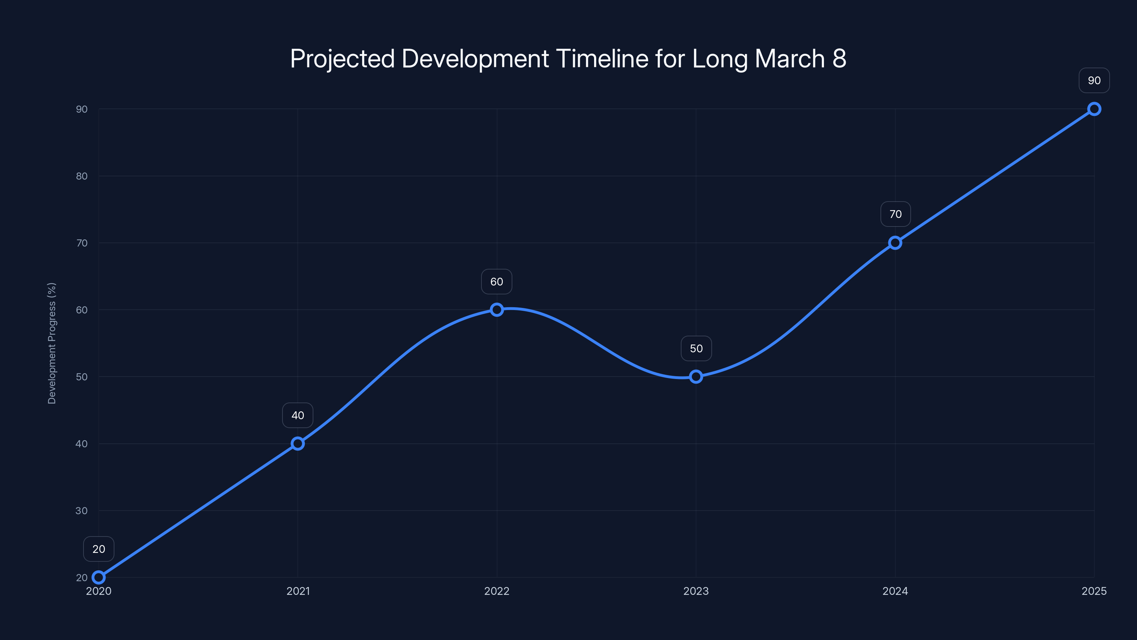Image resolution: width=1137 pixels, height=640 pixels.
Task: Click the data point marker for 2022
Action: pyautogui.click(x=497, y=310)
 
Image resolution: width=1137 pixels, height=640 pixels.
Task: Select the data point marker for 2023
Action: pyautogui.click(x=696, y=377)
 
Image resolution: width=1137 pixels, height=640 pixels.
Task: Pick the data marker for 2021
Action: pyautogui.click(x=297, y=443)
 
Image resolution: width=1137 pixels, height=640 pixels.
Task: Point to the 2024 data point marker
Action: pyautogui.click(x=895, y=243)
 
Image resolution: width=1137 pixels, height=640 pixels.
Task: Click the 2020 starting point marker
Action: pyautogui.click(x=98, y=577)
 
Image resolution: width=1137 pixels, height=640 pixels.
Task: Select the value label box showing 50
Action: pyautogui.click(x=696, y=348)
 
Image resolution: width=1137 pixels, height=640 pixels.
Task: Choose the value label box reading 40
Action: pyautogui.click(x=297, y=415)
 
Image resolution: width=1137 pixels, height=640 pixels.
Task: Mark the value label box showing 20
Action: pyautogui.click(x=98, y=549)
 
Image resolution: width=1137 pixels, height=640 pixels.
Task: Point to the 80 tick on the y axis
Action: pyautogui.click(x=82, y=176)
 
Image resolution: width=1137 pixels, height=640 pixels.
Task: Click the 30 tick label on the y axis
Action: pyautogui.click(x=82, y=511)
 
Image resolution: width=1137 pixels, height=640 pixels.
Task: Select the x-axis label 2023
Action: pyautogui.click(x=696, y=591)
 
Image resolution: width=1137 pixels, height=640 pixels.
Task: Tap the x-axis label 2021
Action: pyautogui.click(x=298, y=591)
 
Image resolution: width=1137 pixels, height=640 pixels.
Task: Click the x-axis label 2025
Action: pyautogui.click(x=1094, y=591)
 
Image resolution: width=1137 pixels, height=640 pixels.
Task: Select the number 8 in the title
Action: pyautogui.click(x=839, y=59)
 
